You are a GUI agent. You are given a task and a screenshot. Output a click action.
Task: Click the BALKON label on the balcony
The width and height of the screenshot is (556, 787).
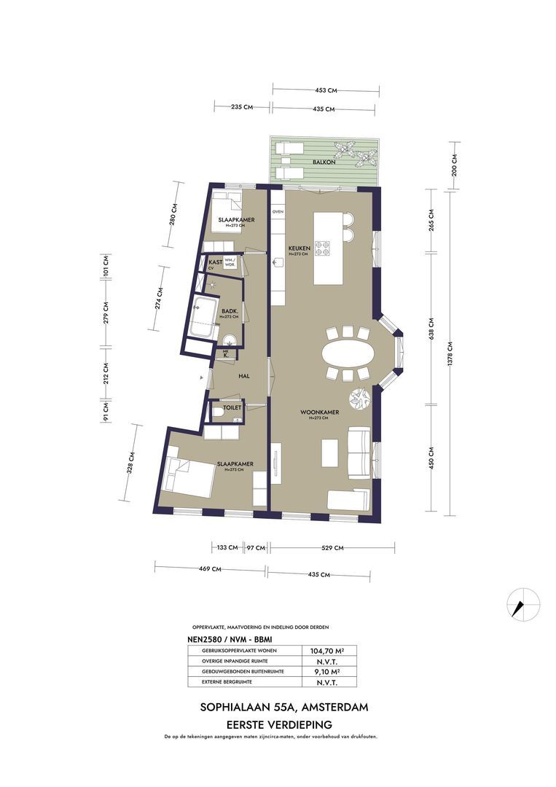tap(324, 163)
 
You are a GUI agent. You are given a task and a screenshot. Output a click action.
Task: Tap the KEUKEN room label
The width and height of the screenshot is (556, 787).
tap(299, 248)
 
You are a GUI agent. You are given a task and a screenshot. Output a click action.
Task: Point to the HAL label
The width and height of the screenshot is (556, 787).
tap(245, 375)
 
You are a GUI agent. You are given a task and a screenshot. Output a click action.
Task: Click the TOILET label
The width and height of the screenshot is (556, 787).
tap(232, 408)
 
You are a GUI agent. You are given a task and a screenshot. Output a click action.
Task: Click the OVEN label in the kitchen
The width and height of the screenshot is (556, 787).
tap(278, 211)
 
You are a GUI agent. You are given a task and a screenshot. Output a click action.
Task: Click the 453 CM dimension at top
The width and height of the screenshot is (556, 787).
tap(326, 90)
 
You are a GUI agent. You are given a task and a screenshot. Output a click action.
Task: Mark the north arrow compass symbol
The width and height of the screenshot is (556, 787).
tap(523, 604)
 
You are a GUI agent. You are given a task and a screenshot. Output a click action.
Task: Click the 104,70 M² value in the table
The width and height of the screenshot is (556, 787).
tap(328, 651)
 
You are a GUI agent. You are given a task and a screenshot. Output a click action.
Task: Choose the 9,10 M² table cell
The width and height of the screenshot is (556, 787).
tap(328, 671)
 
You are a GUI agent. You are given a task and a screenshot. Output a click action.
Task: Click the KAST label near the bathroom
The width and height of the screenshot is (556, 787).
tap(216, 261)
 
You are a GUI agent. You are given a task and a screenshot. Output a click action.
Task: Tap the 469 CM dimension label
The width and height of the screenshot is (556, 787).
tap(211, 569)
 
